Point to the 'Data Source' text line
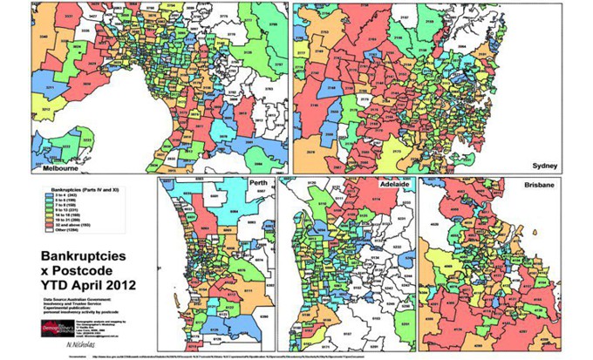coord(83,296)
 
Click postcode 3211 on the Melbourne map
coord(49,88)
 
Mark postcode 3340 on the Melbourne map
coord(43,37)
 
